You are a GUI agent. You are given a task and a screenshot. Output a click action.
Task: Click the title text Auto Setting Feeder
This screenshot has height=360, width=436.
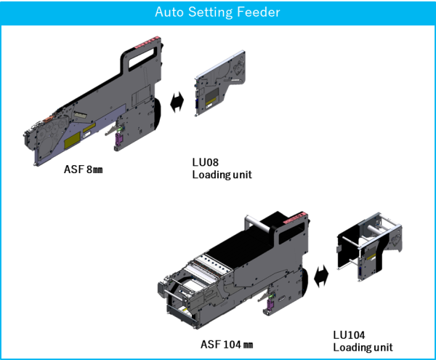click(x=217, y=12)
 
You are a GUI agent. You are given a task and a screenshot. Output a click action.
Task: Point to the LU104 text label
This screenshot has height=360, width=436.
click(x=350, y=335)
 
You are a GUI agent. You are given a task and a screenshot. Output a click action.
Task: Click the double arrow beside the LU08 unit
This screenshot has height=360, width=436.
click(x=176, y=103)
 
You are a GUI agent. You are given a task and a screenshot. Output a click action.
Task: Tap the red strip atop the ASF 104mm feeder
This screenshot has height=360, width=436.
click(x=298, y=217)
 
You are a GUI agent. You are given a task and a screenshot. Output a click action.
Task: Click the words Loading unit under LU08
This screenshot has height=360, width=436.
click(x=222, y=175)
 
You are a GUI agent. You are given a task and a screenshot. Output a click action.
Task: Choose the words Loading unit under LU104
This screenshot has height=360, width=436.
click(x=363, y=346)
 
